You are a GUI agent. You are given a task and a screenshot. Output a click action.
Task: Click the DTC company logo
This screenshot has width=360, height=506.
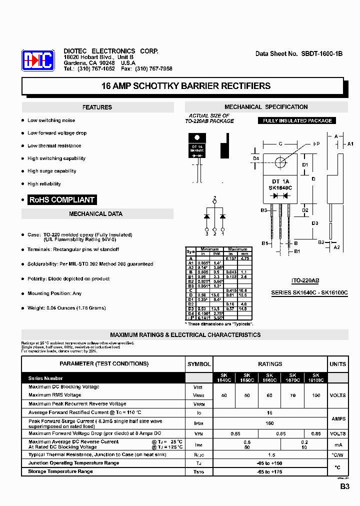(37, 61)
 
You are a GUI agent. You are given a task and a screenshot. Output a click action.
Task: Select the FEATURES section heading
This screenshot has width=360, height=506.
(97, 107)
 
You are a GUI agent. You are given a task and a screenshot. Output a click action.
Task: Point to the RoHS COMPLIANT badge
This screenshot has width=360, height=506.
(62, 199)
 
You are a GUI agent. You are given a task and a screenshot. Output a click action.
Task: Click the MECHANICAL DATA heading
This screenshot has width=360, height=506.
(95, 214)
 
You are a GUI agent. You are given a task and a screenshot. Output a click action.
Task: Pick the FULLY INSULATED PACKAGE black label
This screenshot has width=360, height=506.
(297, 120)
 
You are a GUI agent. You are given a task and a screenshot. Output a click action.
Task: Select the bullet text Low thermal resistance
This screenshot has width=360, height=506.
(54, 145)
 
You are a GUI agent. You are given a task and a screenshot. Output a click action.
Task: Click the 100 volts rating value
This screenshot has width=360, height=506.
(315, 395)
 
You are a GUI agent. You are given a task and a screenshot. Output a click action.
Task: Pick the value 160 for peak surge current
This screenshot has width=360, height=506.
(270, 423)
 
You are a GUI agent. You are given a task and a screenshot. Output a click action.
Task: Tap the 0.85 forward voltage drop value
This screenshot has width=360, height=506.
(315, 434)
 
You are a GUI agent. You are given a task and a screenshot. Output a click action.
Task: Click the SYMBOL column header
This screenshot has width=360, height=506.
(199, 364)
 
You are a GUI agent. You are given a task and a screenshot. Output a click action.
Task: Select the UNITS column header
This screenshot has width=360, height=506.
(338, 364)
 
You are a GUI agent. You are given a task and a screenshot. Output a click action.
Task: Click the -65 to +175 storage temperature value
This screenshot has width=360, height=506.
(270, 471)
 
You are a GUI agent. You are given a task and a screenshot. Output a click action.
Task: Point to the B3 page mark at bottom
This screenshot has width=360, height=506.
(345, 486)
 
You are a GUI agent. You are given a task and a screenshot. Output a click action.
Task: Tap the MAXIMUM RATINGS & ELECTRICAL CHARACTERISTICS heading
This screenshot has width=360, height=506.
(185, 335)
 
